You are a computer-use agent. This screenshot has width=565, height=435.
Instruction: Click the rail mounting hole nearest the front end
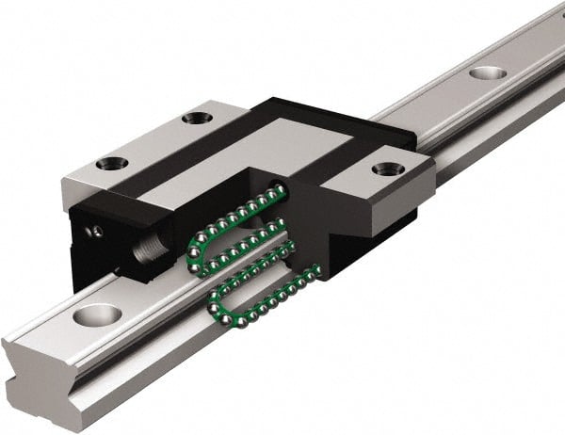tap(97, 314)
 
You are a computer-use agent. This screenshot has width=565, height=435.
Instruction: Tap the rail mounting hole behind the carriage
tap(487, 72)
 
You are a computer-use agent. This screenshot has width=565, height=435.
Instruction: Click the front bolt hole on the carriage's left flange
tap(111, 163)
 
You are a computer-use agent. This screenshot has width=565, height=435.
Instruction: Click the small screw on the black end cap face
tap(95, 231)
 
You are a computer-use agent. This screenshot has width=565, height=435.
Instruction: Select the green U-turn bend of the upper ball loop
tap(196, 252)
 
